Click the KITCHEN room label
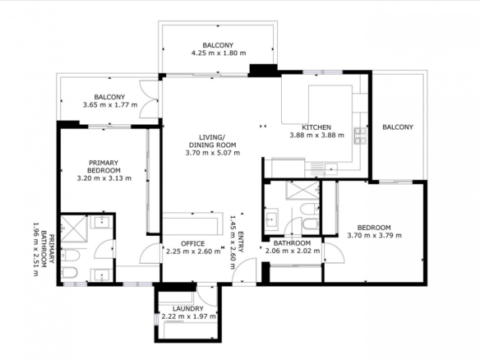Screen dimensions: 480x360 click(316, 127)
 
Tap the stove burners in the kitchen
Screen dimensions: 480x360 click(360, 136)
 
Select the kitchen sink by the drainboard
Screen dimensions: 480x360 click(331, 168)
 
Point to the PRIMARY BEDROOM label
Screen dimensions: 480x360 click(104, 167)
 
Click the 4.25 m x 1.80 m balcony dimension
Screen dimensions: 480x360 click(219, 53)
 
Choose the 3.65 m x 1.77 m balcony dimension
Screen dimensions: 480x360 click(110, 105)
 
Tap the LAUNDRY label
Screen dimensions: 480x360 click(188, 309)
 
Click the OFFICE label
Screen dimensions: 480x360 click(193, 243)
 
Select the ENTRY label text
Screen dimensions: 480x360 click(241, 242)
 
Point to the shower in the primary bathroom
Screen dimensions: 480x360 click(73, 228)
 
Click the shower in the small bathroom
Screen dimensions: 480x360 click(302, 190)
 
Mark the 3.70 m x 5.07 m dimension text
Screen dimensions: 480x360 click(213, 153)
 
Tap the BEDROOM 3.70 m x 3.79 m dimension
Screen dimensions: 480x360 click(375, 235)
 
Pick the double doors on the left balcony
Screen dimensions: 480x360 click(149, 99)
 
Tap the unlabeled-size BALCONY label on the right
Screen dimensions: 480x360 click(398, 127)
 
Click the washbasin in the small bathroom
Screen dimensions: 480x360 click(271, 219)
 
